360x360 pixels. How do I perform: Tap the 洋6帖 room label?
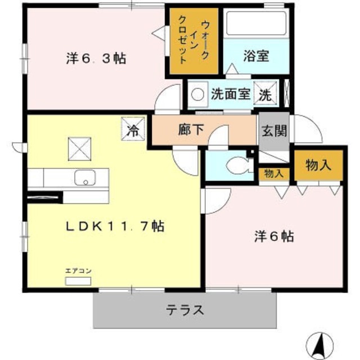coord(272,237)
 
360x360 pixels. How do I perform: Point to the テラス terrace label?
coord(184,309)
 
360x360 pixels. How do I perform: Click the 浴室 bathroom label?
coord(256,56)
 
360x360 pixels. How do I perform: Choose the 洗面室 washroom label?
coord(230,94)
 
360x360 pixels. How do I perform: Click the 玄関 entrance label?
coord(274,131)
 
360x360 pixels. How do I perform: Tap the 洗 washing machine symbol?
coord(265,94)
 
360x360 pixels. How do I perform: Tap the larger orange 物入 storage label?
coord(318,165)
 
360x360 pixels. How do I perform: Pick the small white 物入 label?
coord(274,174)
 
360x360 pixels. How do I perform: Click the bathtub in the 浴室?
coord(257,24)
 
